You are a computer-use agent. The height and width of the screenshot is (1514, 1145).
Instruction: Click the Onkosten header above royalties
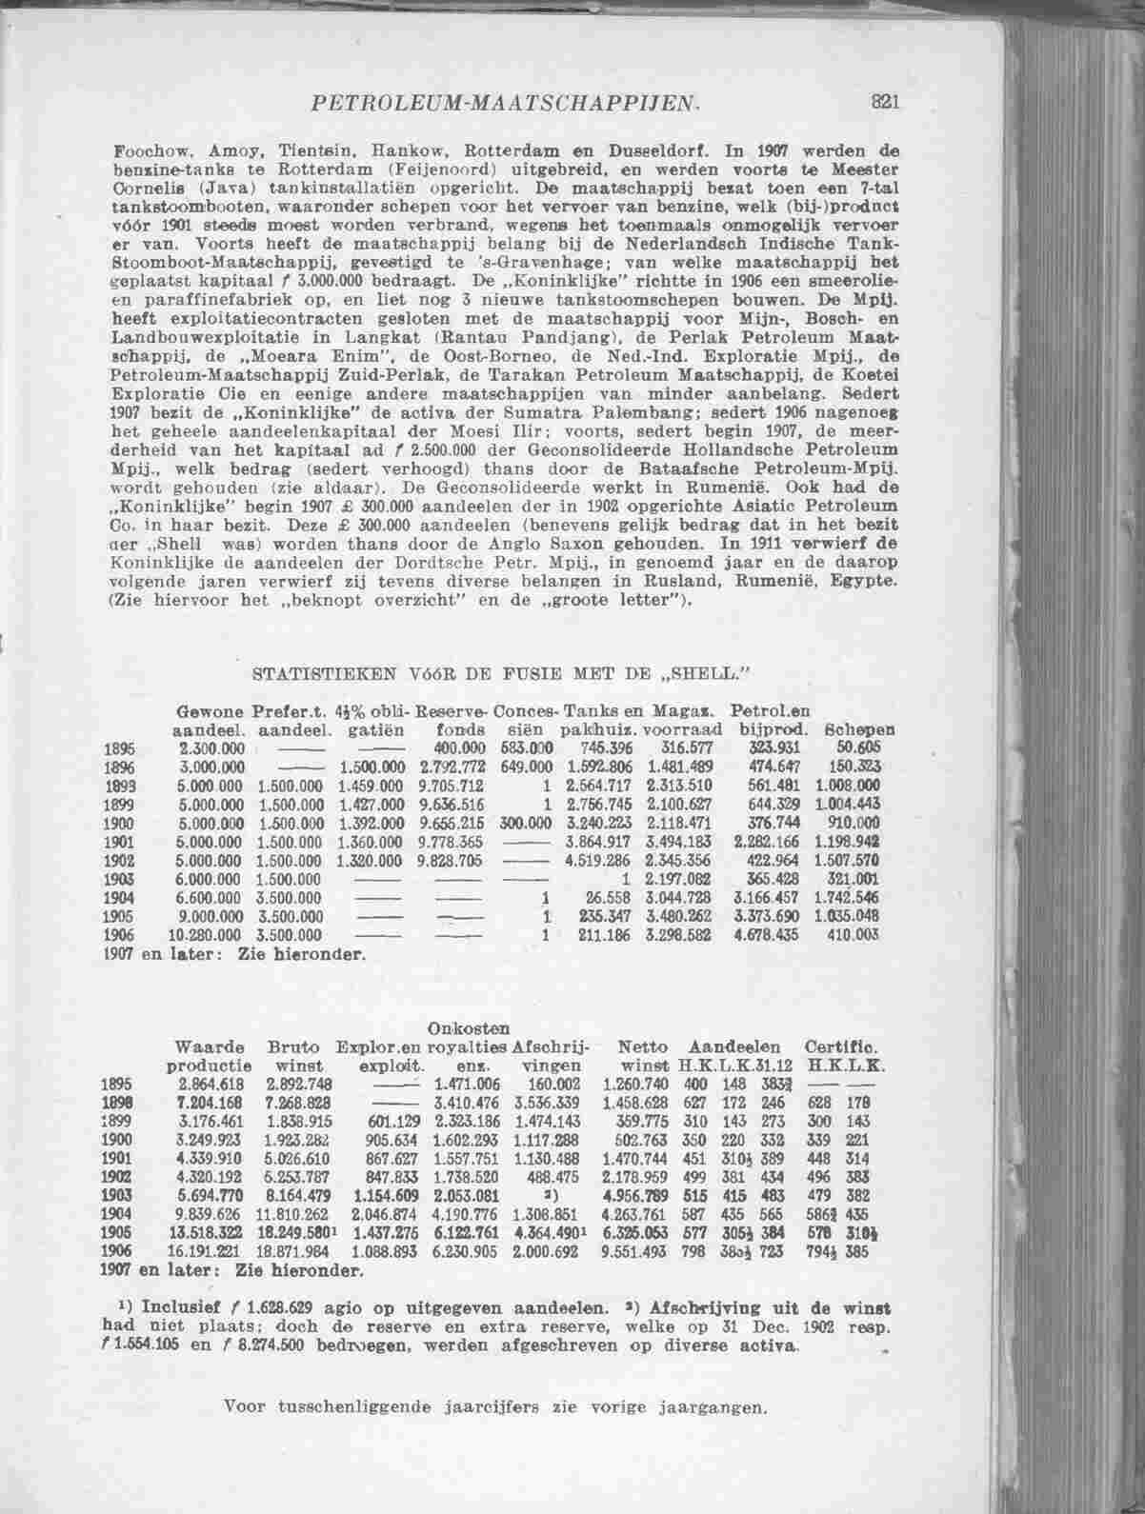coord(470,1027)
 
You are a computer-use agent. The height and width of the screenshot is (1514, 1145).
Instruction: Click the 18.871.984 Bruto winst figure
coord(291,1253)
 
